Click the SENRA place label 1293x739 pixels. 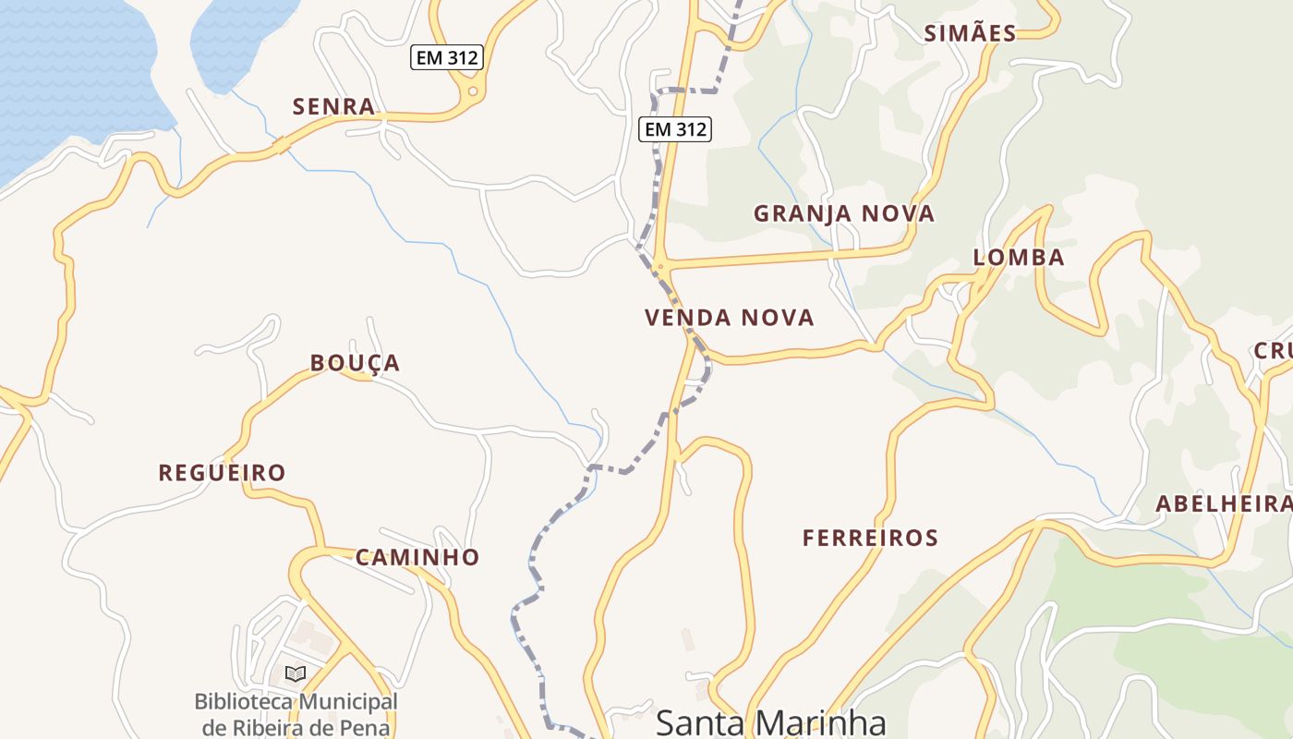tap(333, 107)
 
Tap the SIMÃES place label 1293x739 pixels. tap(970, 34)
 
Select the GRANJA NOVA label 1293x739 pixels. tap(844, 214)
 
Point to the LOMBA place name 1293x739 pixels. tap(1019, 258)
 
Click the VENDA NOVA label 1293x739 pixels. tap(730, 319)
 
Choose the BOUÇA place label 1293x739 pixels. tap(355, 364)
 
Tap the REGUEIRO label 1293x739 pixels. tap(222, 474)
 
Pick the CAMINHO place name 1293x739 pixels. tap(417, 558)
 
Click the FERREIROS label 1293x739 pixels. tap(870, 538)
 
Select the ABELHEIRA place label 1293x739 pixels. tap(1224, 504)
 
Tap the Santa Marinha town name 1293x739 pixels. tap(770, 722)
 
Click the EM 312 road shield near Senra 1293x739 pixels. tap(447, 58)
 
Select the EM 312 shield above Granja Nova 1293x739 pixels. tap(675, 129)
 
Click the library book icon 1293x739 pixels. tap(296, 674)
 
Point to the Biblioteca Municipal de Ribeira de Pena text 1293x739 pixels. tap(296, 714)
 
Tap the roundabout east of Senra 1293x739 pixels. tap(473, 91)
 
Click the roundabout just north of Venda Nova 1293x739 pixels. tap(659, 268)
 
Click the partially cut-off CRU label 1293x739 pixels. tap(1273, 352)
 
